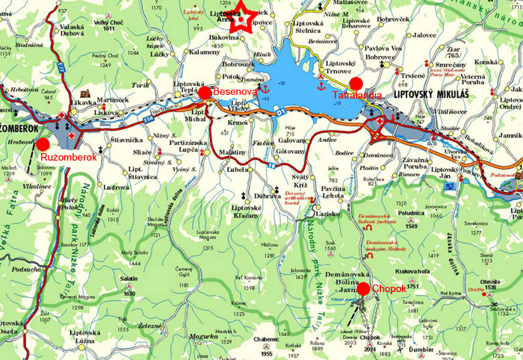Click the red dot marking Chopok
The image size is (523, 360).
(363, 289)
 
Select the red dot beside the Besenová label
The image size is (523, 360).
(205, 92)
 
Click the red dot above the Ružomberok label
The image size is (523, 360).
(43, 143)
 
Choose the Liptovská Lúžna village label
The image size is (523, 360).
(85, 335)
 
